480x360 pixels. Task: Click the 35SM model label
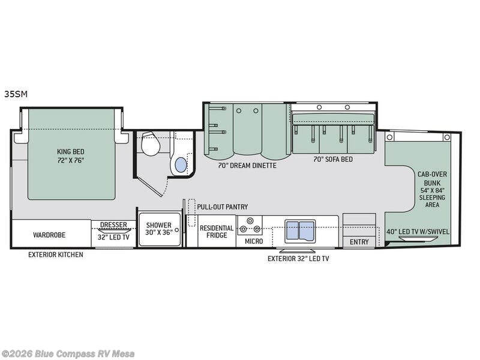click(x=16, y=94)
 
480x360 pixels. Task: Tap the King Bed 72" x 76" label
click(x=71, y=156)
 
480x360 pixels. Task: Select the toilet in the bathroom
click(x=151, y=143)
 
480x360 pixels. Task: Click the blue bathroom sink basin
click(x=181, y=164)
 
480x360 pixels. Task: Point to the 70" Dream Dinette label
click(x=247, y=166)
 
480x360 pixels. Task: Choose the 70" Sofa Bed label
click(x=333, y=159)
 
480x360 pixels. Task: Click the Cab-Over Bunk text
click(x=432, y=178)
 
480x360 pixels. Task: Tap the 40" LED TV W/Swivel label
click(x=418, y=232)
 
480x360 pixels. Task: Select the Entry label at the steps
click(x=359, y=242)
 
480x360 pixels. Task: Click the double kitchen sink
click(x=300, y=231)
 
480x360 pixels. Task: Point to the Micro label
click(x=254, y=241)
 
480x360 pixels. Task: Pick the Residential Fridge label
click(x=217, y=232)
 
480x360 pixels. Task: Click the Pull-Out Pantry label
click(x=222, y=207)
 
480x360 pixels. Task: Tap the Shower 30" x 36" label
click(x=159, y=229)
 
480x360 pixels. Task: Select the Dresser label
click(x=113, y=224)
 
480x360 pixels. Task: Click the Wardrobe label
click(x=49, y=235)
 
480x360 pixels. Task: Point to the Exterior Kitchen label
click(x=56, y=254)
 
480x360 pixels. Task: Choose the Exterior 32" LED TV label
click(x=298, y=259)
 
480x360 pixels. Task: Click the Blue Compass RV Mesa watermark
click(x=67, y=354)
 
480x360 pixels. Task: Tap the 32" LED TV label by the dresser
click(x=113, y=237)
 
